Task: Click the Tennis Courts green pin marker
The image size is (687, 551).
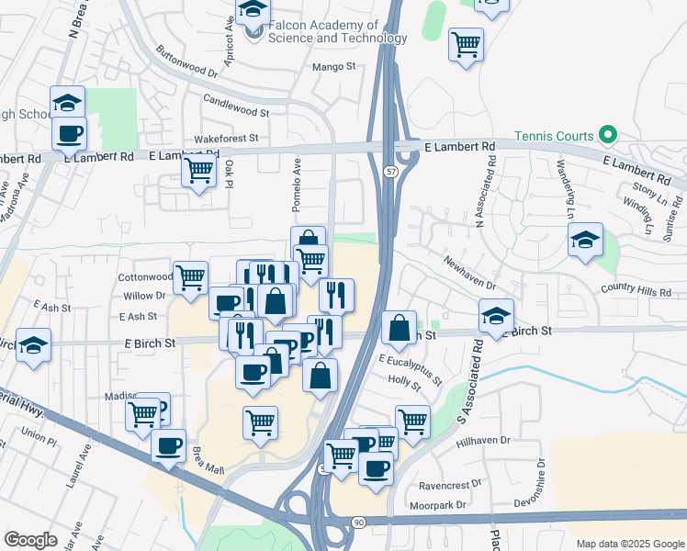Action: [x=607, y=136]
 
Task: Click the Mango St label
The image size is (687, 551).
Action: [x=333, y=67]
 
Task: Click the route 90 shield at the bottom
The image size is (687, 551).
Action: [x=358, y=521]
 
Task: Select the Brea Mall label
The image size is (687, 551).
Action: [x=208, y=456]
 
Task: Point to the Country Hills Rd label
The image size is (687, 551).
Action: [x=636, y=291]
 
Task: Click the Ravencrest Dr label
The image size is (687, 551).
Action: [x=450, y=483]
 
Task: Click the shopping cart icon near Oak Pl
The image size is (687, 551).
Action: [x=198, y=170]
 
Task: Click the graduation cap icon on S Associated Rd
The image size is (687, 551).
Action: [x=496, y=318]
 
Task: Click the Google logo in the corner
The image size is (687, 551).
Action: [x=31, y=540]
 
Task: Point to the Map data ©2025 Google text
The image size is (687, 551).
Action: [x=629, y=544]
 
